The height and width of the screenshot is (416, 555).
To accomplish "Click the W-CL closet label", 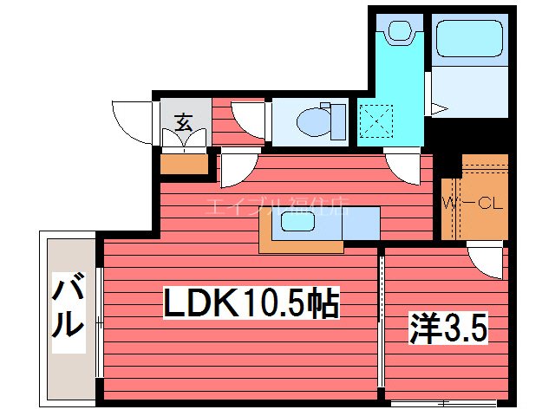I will [x=473, y=205].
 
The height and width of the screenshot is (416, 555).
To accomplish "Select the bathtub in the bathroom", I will [x=468, y=38].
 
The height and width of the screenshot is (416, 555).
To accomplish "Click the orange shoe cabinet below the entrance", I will [x=185, y=163].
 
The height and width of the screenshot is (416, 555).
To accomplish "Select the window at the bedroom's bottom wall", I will [x=443, y=403].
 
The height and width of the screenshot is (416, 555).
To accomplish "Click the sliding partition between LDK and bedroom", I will [x=380, y=321].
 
